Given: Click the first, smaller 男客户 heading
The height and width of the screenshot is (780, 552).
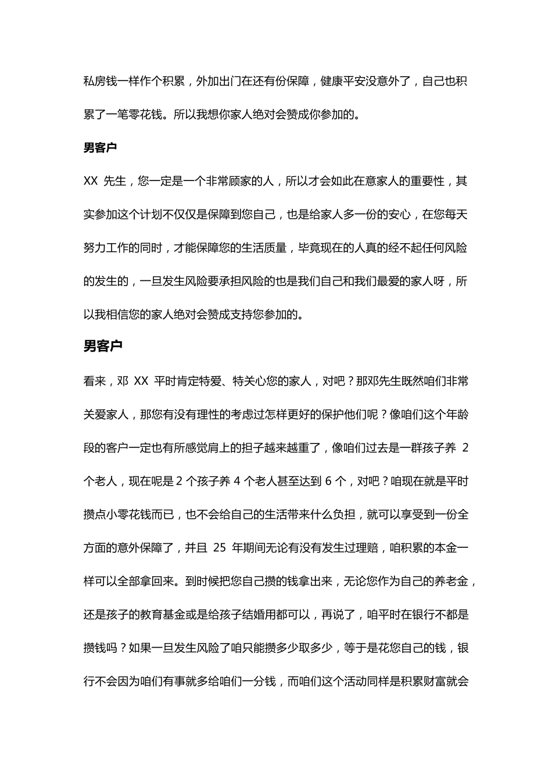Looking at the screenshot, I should [101, 147].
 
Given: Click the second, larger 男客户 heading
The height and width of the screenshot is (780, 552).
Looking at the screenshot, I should [103, 346].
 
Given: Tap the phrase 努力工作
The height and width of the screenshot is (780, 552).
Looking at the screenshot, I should [109, 248].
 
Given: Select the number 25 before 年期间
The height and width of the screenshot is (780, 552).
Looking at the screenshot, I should [219, 548].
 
